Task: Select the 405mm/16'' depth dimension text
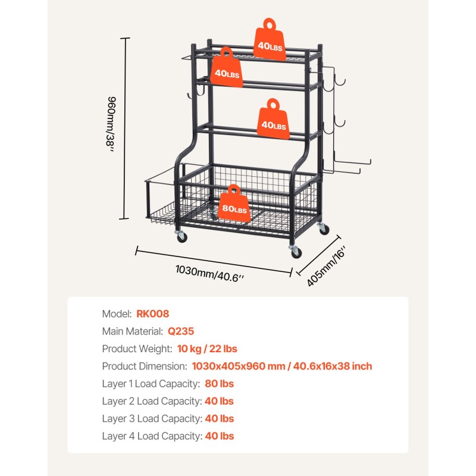pyautogui.click(x=326, y=267)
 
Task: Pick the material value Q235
pyautogui.click(x=181, y=331)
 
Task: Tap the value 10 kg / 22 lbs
pyautogui.click(x=207, y=349)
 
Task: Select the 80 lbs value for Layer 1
pyautogui.click(x=218, y=384)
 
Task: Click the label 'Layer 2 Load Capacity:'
pyautogui.click(x=151, y=401)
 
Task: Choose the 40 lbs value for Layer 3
pyautogui.click(x=219, y=418)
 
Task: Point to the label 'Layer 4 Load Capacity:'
pyautogui.click(x=152, y=436)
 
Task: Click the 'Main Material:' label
pyautogui.click(x=132, y=331)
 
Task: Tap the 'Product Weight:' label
pyautogui.click(x=137, y=349)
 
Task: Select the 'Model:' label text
pyautogui.click(x=117, y=314)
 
